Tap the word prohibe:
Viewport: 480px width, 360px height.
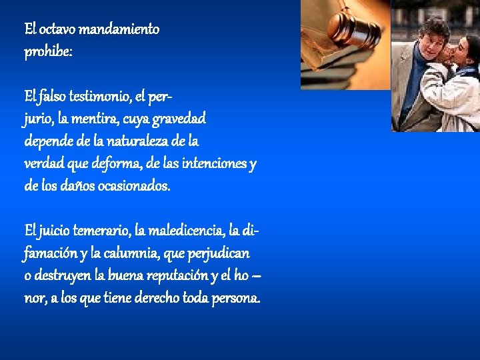pos(48,52)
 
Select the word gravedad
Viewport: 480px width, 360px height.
pos(179,119)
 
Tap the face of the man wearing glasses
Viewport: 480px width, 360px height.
pos(432,43)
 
